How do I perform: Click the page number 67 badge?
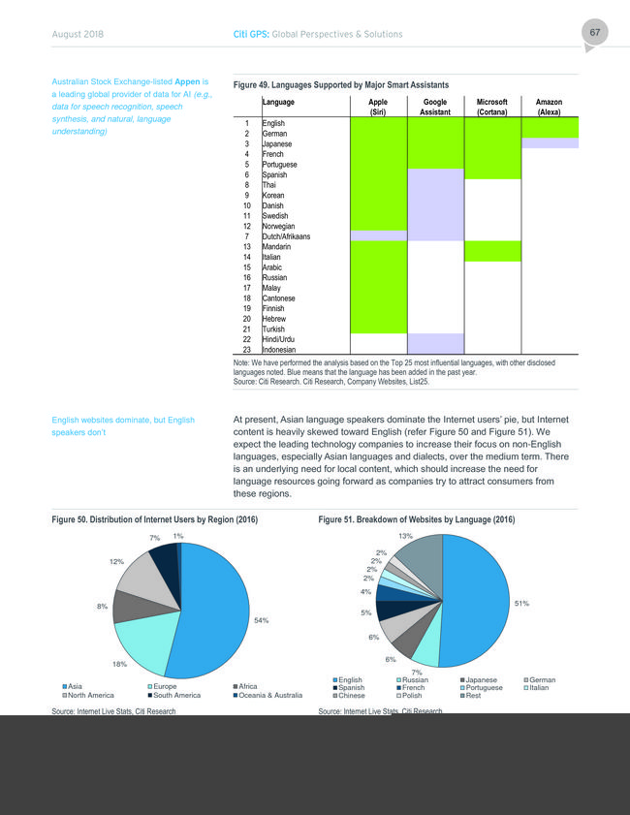pyautogui.click(x=595, y=33)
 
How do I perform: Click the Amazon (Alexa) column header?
pyautogui.click(x=549, y=107)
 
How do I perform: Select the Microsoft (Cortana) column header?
pyautogui.click(x=491, y=107)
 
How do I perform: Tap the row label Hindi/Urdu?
pyautogui.click(x=278, y=339)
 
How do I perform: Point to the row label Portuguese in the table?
pyautogui.click(x=280, y=164)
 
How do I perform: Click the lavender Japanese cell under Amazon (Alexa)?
pyautogui.click(x=550, y=142)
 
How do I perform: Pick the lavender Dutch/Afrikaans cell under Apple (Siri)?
pyautogui.click(x=378, y=235)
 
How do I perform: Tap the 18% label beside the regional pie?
pyautogui.click(x=119, y=664)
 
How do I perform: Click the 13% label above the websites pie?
pyautogui.click(x=405, y=536)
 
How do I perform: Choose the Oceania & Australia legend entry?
pyautogui.click(x=268, y=695)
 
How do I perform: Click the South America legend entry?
pyautogui.click(x=174, y=695)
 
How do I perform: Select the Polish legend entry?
pyautogui.click(x=409, y=696)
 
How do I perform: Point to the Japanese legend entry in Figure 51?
pyautogui.click(x=479, y=680)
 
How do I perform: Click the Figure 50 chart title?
pyautogui.click(x=155, y=519)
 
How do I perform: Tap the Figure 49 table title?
pyautogui.click(x=341, y=84)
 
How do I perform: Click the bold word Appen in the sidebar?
pyautogui.click(x=187, y=81)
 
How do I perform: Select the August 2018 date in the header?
pyautogui.click(x=78, y=34)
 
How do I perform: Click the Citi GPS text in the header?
pyautogui.click(x=251, y=34)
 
